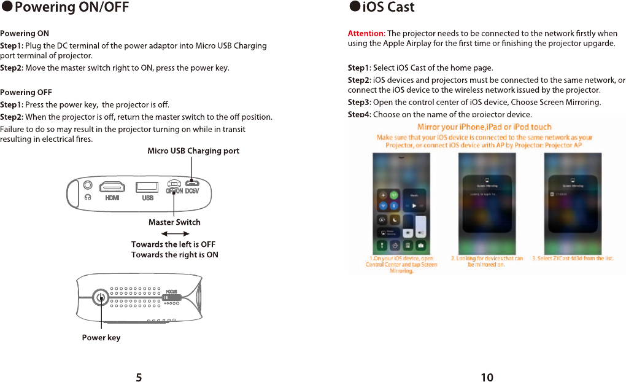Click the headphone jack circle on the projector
[88, 184]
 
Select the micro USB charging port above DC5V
[192, 184]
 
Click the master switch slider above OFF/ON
[174, 184]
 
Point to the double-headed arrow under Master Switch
[174, 233]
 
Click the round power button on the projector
[101, 298]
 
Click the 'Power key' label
[101, 338]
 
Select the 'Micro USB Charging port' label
[193, 151]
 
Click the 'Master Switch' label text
[174, 222]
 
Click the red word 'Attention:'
[366, 33]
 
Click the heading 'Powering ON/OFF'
[71, 7]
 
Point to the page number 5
[139, 377]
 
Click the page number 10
[487, 377]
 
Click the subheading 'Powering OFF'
[26, 93]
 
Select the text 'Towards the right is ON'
[174, 255]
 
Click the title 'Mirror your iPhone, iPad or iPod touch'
[484, 127]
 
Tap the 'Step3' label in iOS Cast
[359, 103]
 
